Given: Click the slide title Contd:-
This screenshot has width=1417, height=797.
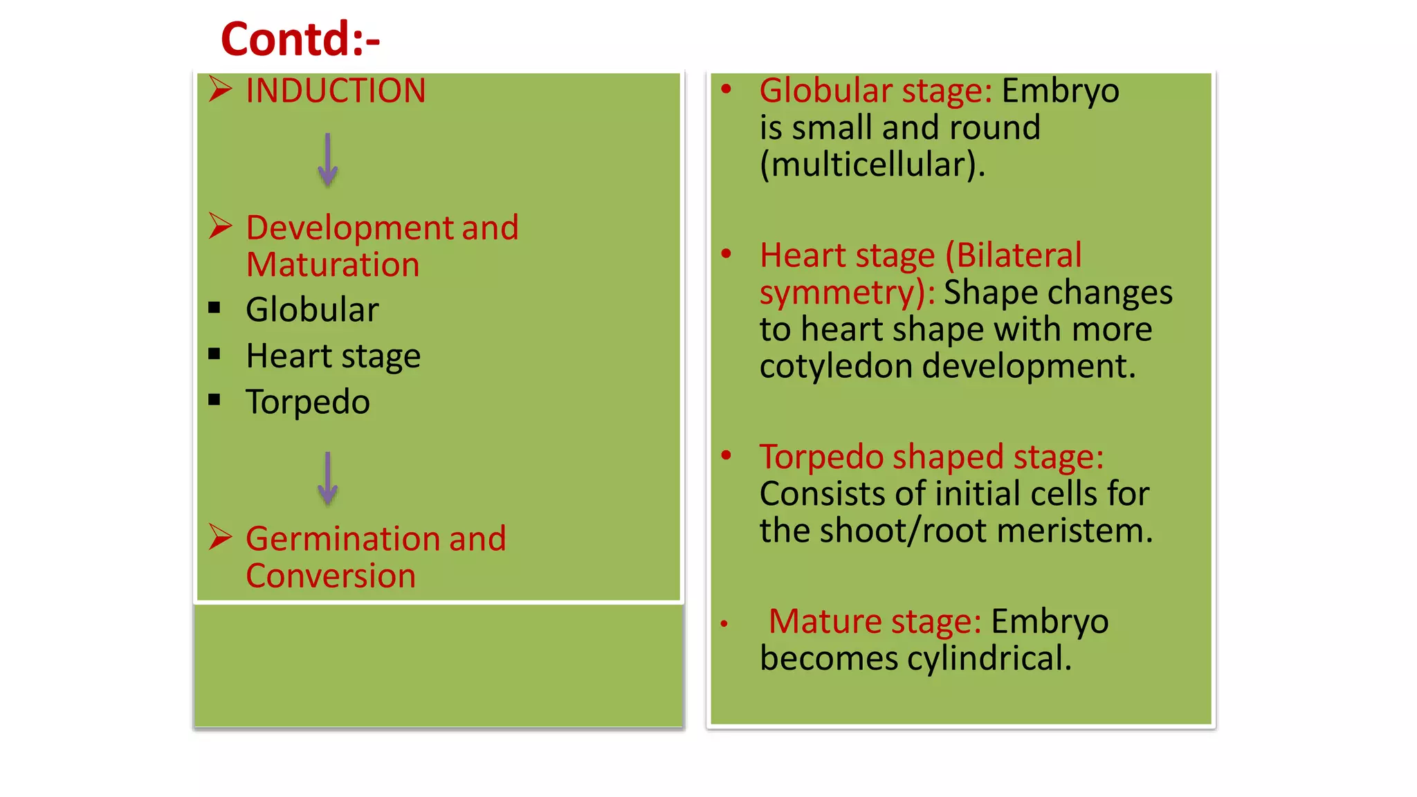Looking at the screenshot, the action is click(x=300, y=39).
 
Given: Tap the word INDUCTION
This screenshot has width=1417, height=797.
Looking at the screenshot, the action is click(x=336, y=91).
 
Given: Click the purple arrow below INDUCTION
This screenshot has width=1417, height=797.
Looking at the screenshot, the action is click(x=328, y=159).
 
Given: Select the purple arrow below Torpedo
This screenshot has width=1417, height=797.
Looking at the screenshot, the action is click(x=328, y=478).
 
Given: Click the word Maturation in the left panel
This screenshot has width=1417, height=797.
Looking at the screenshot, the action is click(x=333, y=265).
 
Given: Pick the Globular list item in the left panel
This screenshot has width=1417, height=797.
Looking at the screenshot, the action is click(x=312, y=309).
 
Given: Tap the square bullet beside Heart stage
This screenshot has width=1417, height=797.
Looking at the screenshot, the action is click(x=214, y=355).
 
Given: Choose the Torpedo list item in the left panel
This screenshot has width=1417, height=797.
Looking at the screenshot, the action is click(x=308, y=402).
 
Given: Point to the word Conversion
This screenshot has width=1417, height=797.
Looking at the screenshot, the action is click(x=331, y=576).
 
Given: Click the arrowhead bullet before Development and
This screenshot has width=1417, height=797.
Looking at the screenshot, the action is click(x=220, y=226).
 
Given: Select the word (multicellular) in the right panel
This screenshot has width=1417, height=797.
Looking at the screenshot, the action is click(x=868, y=165).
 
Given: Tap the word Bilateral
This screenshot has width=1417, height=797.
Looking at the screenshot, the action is click(x=1014, y=255).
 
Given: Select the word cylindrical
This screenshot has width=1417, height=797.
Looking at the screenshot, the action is click(x=981, y=658).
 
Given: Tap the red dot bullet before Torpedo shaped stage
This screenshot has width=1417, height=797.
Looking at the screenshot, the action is click(x=726, y=455).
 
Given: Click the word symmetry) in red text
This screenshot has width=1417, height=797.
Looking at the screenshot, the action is click(x=843, y=293).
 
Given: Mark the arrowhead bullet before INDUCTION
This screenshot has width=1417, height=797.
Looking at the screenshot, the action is click(x=220, y=89).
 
